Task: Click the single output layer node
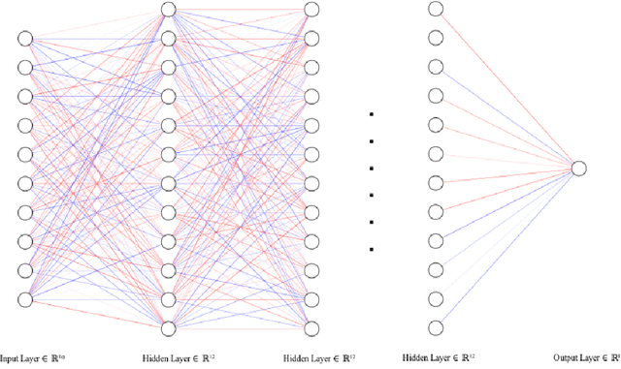tap(578, 169)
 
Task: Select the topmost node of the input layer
tap(25, 38)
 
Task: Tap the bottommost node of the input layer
tap(25, 299)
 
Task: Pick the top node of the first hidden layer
tap(168, 10)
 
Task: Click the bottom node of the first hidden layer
tap(168, 327)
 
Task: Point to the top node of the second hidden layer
tap(310, 10)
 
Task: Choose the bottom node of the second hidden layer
tap(310, 327)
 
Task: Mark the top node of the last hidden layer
tap(436, 10)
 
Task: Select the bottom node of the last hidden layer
tap(436, 327)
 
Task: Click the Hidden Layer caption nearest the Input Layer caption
tap(184, 356)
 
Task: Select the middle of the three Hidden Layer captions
tap(310, 356)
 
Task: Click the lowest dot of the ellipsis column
tap(372, 249)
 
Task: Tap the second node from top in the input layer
tap(25, 67)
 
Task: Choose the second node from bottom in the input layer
tap(25, 270)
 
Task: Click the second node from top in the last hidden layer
tap(436, 39)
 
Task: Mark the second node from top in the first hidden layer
tap(168, 39)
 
